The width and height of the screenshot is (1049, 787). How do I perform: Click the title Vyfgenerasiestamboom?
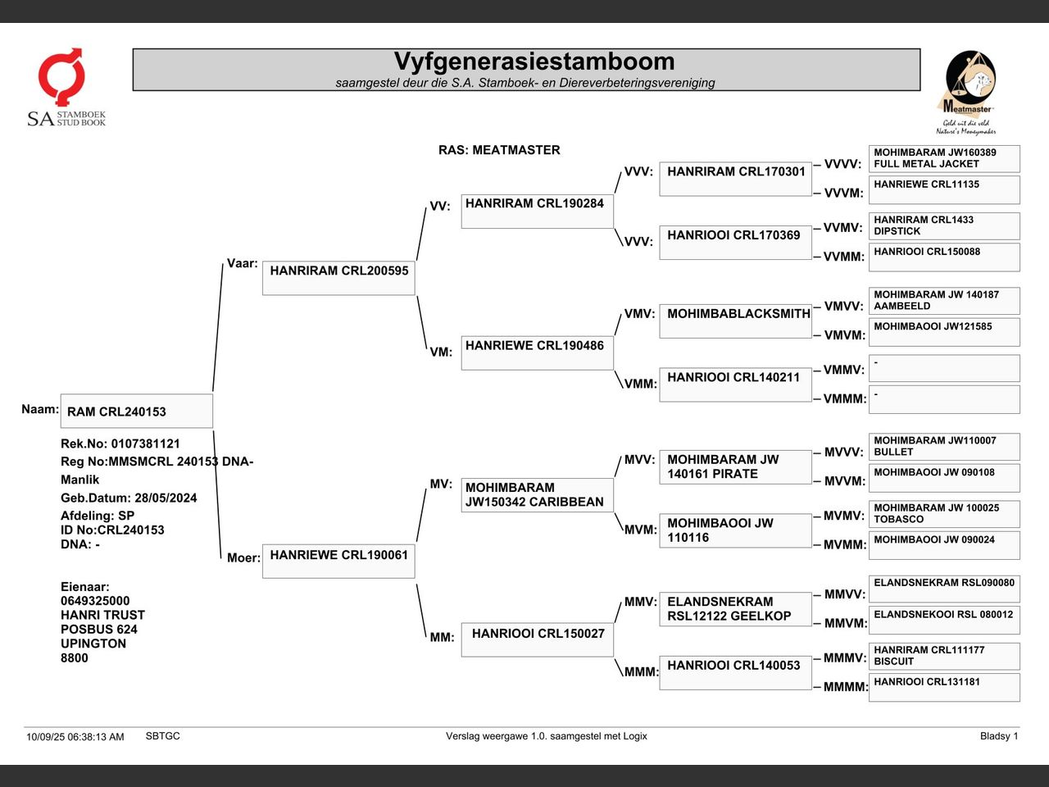[x=534, y=62]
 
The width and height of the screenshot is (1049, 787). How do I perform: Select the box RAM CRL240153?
[x=136, y=412]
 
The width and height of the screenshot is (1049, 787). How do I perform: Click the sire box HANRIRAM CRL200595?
[x=338, y=278]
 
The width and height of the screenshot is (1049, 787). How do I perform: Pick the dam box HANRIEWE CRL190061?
[x=338, y=562]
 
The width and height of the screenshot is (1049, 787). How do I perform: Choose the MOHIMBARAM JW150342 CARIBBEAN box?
[x=537, y=495]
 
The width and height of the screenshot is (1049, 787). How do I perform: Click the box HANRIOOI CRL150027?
[x=537, y=639]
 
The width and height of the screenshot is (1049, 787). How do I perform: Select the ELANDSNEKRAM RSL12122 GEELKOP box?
[x=735, y=609]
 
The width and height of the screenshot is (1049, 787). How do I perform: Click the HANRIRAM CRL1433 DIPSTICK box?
[x=944, y=225]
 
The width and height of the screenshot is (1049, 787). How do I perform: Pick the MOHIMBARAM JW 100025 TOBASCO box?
[x=944, y=513]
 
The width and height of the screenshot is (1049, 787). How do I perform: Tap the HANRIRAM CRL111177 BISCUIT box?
[x=944, y=656]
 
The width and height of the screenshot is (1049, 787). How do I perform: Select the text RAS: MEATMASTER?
[x=499, y=150]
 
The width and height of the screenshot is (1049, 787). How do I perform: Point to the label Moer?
[x=243, y=558]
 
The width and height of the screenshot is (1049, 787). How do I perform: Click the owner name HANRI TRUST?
[x=102, y=615]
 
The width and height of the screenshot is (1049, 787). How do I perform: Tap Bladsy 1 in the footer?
[x=998, y=736]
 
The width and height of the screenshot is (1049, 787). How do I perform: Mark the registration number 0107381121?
[x=145, y=444]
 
